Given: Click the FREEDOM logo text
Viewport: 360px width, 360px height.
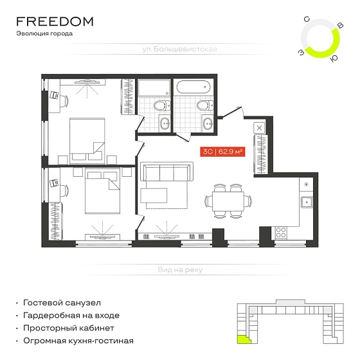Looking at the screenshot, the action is click(55, 21).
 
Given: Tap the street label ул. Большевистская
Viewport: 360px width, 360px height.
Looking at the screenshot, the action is click(179, 49).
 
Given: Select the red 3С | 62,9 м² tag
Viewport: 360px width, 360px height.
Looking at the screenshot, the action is click(222, 152).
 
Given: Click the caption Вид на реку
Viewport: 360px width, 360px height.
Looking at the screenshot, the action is click(180, 269).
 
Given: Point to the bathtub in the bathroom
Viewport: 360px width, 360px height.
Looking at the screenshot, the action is click(194, 87).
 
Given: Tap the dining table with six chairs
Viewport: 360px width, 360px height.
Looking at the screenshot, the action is click(228, 201).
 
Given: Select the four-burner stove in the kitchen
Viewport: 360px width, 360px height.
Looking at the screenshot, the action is click(281, 232).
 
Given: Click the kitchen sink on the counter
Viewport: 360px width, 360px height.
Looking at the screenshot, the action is click(307, 202).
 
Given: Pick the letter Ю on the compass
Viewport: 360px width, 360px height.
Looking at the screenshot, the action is click(334, 59).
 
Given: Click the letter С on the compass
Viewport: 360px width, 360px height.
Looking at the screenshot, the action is click(307, 19).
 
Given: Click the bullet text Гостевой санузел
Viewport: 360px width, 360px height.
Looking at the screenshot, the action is click(62, 303).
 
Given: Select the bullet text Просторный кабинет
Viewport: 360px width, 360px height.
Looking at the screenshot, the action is click(69, 328).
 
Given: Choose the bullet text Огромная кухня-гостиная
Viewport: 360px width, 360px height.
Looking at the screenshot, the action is click(78, 341).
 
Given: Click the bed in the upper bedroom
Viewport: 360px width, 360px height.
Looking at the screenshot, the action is click(87, 141).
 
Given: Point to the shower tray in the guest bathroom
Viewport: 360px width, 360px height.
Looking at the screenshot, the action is click(154, 87).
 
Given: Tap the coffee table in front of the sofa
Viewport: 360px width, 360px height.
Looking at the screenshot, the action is click(154, 195).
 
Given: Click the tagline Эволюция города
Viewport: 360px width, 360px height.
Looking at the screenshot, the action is click(44, 33).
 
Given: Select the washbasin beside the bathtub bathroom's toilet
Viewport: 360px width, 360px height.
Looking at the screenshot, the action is click(208, 123).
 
